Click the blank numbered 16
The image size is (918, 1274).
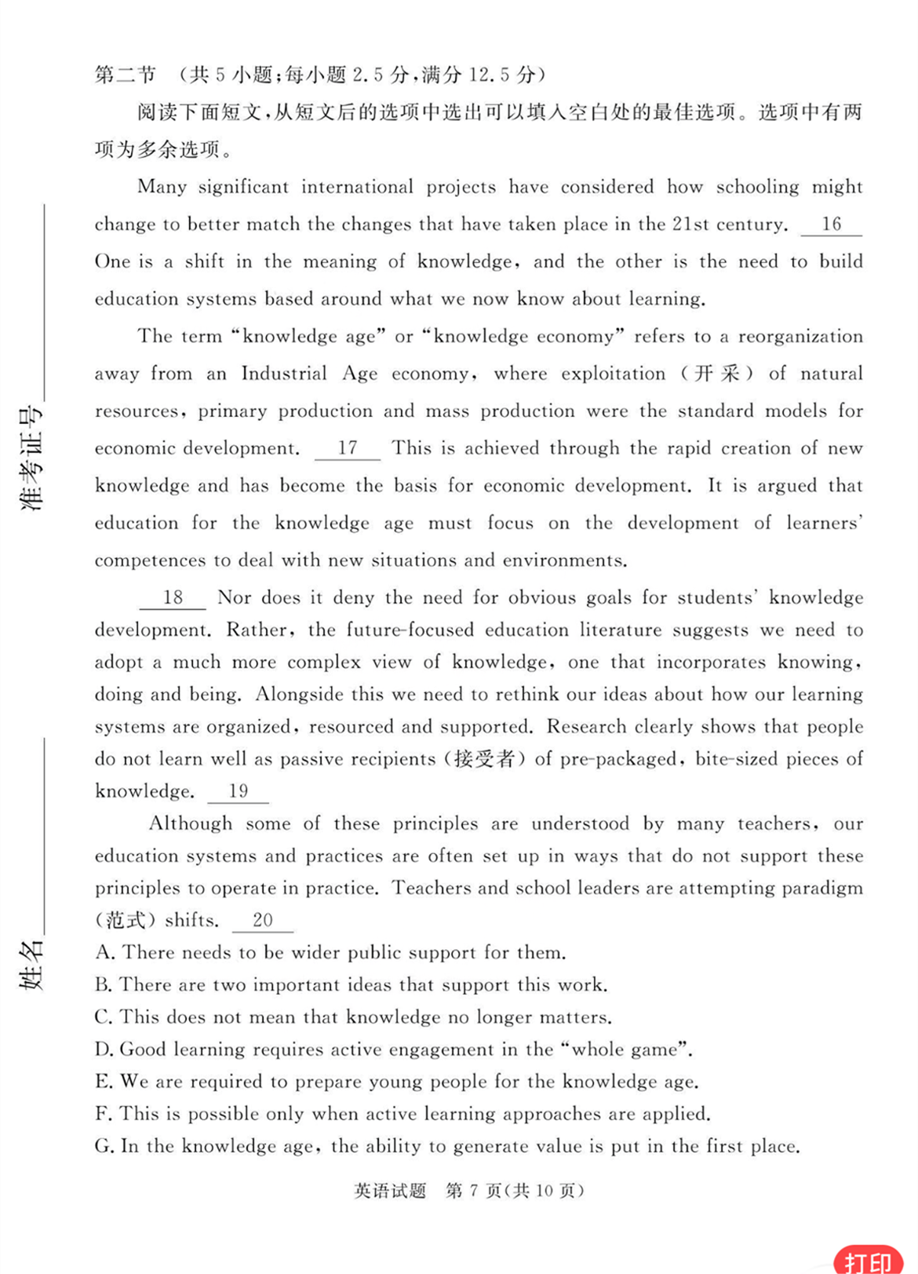point(831,225)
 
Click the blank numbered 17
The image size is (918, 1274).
point(347,448)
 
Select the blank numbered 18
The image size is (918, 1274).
point(173,598)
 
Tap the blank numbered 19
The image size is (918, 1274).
point(238,791)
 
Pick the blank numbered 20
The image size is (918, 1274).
point(263,920)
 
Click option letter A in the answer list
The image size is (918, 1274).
point(104,953)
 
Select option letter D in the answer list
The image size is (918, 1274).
point(104,1049)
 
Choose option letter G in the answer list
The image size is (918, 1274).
point(104,1146)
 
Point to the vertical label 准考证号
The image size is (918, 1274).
point(32,459)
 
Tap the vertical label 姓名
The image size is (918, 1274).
point(32,965)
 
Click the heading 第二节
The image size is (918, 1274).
point(126,75)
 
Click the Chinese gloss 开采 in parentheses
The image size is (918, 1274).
point(718,374)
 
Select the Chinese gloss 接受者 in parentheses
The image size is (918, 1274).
point(484,759)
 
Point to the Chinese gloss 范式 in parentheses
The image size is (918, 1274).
point(126,920)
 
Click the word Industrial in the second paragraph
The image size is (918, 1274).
point(284,374)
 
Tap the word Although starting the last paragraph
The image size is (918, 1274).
point(191,823)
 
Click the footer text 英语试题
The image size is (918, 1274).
point(390,1191)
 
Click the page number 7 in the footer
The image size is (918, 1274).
point(473,1191)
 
